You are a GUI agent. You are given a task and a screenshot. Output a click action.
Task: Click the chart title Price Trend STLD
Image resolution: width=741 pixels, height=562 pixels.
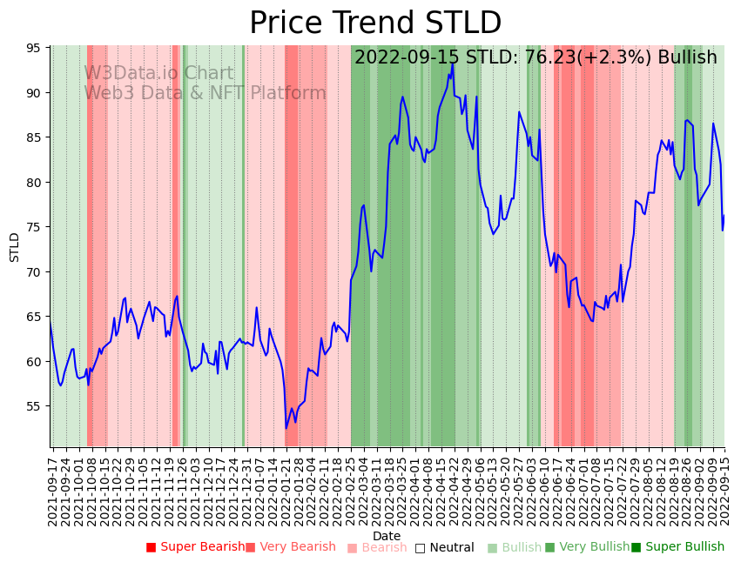click(375, 23)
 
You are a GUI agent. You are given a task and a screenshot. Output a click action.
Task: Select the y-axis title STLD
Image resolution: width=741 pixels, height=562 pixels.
click(15, 247)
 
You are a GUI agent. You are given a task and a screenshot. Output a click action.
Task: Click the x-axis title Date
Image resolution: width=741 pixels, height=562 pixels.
click(387, 536)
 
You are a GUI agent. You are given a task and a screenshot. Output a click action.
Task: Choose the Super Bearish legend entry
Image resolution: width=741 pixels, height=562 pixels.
click(196, 547)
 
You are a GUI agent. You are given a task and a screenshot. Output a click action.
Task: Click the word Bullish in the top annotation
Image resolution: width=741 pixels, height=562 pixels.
click(687, 57)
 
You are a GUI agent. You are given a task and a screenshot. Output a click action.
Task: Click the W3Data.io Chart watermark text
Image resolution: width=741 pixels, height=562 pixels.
click(158, 74)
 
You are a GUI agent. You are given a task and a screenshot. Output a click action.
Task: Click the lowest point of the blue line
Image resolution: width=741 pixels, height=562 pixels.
click(286, 428)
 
